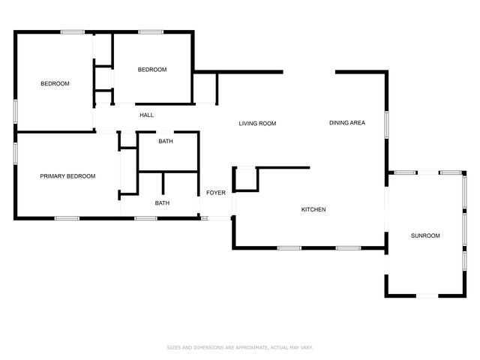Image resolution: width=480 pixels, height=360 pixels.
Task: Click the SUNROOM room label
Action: [x=425, y=235]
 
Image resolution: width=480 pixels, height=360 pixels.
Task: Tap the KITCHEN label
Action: [x=313, y=209]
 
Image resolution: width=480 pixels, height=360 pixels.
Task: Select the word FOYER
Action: [x=216, y=193]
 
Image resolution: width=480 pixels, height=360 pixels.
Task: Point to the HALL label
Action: [x=147, y=115]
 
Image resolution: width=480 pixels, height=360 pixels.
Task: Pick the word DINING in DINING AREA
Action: [x=338, y=123]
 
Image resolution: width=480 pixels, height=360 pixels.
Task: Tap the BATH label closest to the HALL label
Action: [x=166, y=141]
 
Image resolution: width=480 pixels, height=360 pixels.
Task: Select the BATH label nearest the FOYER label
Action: [x=162, y=203]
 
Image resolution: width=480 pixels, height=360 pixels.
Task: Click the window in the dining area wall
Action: [x=387, y=124]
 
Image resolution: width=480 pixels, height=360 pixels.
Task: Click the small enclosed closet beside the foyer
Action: [x=246, y=179]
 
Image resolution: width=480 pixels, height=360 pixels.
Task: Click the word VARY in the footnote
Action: [x=307, y=347]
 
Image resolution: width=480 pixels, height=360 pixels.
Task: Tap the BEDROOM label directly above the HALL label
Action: [x=152, y=70]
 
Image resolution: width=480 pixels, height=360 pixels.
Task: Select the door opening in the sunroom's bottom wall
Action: [x=427, y=296]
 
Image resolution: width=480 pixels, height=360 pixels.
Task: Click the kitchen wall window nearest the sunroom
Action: [x=348, y=248]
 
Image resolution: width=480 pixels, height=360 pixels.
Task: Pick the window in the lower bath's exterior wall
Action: [x=145, y=218]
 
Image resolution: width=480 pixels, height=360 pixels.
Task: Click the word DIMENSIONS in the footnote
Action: [x=208, y=347]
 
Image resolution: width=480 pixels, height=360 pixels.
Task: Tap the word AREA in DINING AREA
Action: [x=358, y=123]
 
